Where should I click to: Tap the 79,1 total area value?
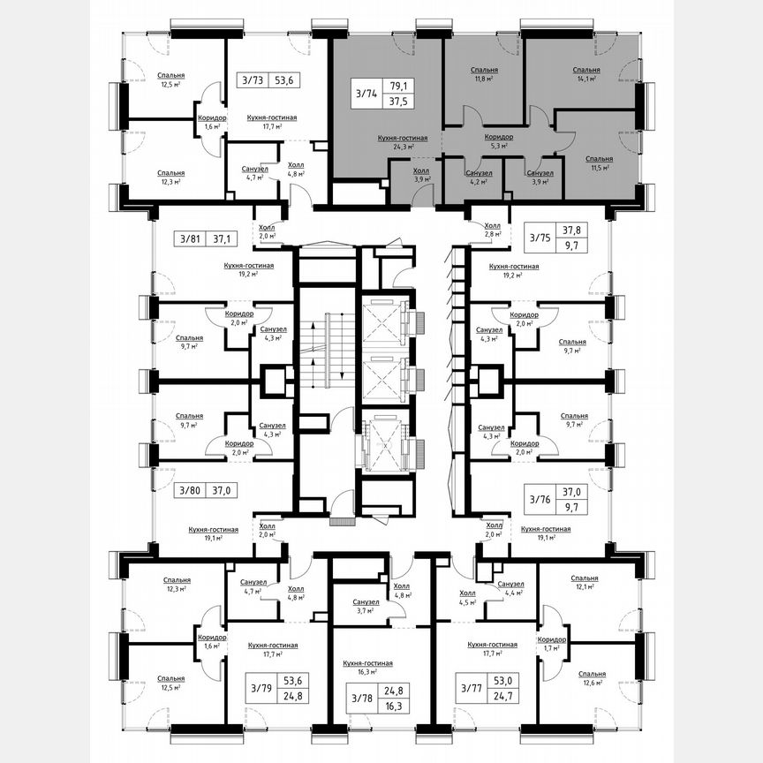pos(399,86)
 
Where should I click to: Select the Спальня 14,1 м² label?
pos(585,73)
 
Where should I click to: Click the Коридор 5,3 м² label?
pos(499,141)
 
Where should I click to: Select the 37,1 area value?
pos(220,238)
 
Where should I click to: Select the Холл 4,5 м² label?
pos(467,598)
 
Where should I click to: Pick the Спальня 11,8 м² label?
pos(484,73)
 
